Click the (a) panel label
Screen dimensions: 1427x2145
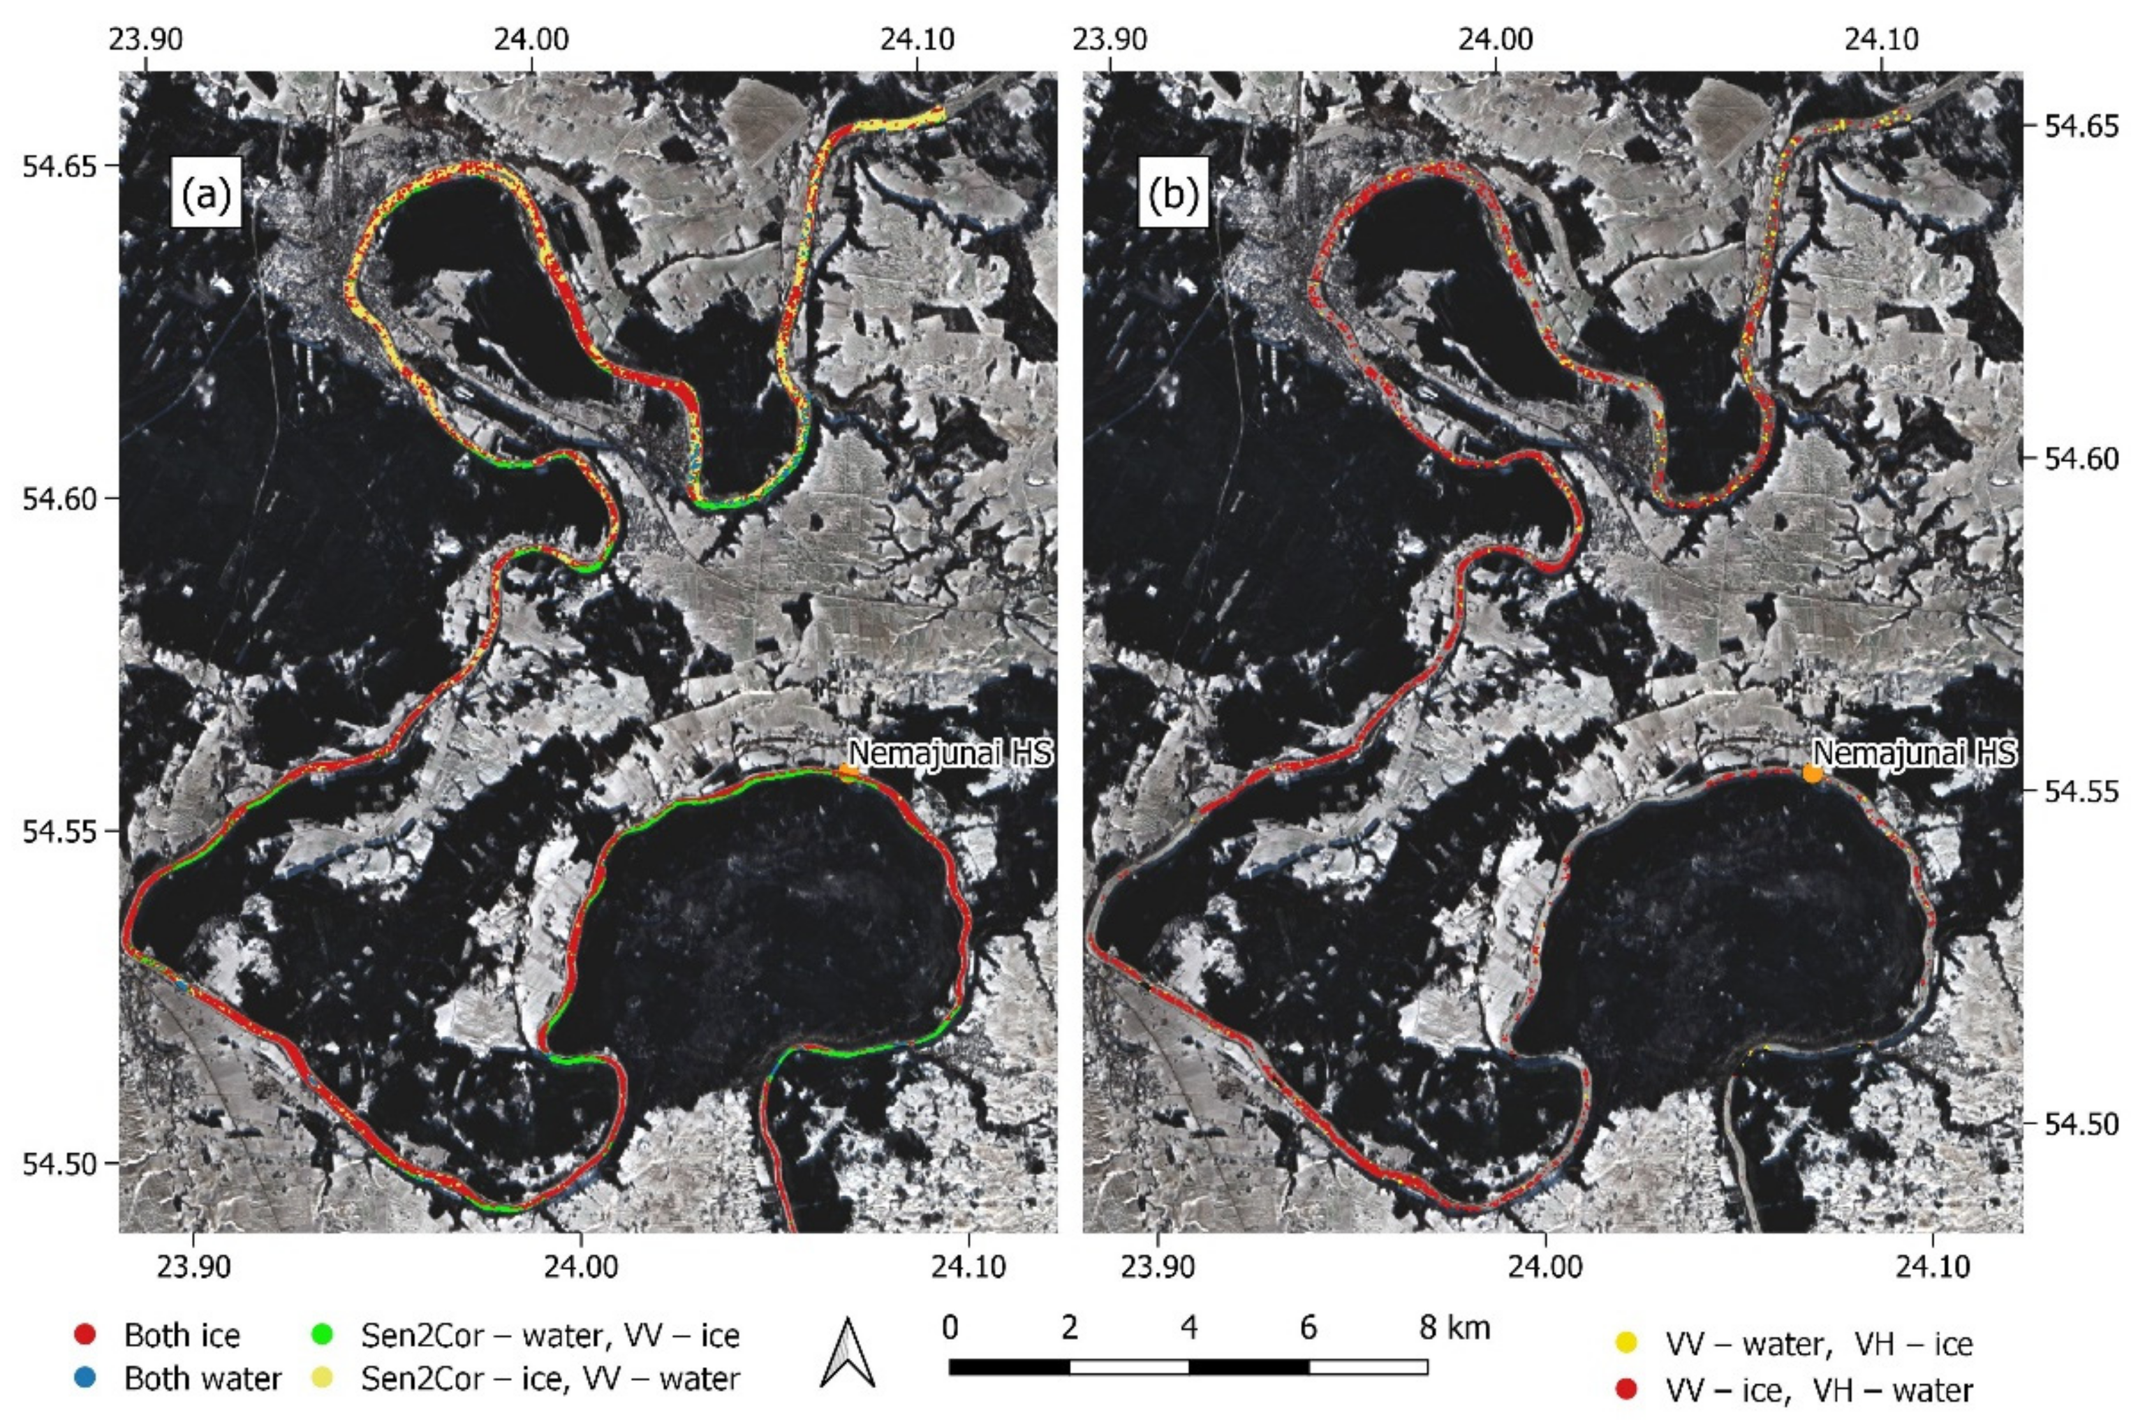point(206,195)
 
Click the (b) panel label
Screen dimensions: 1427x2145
point(1172,195)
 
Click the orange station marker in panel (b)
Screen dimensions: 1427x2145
point(1812,774)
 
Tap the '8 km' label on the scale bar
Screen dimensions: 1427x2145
point(1454,1328)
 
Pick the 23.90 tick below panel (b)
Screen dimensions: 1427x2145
point(1157,1267)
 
